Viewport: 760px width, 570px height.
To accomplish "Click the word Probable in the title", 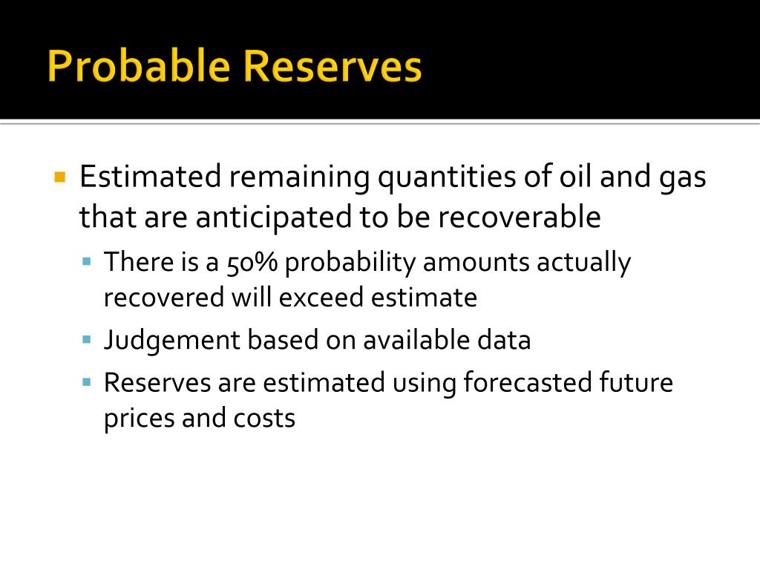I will coord(137,67).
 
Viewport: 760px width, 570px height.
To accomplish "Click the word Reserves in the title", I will coord(331,67).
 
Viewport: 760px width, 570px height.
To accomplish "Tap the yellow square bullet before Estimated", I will coord(61,177).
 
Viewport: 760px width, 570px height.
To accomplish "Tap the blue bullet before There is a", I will coord(87,262).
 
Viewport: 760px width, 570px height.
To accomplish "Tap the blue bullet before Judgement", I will coord(87,340).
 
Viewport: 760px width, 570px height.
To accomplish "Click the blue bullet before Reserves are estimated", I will coord(87,383).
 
